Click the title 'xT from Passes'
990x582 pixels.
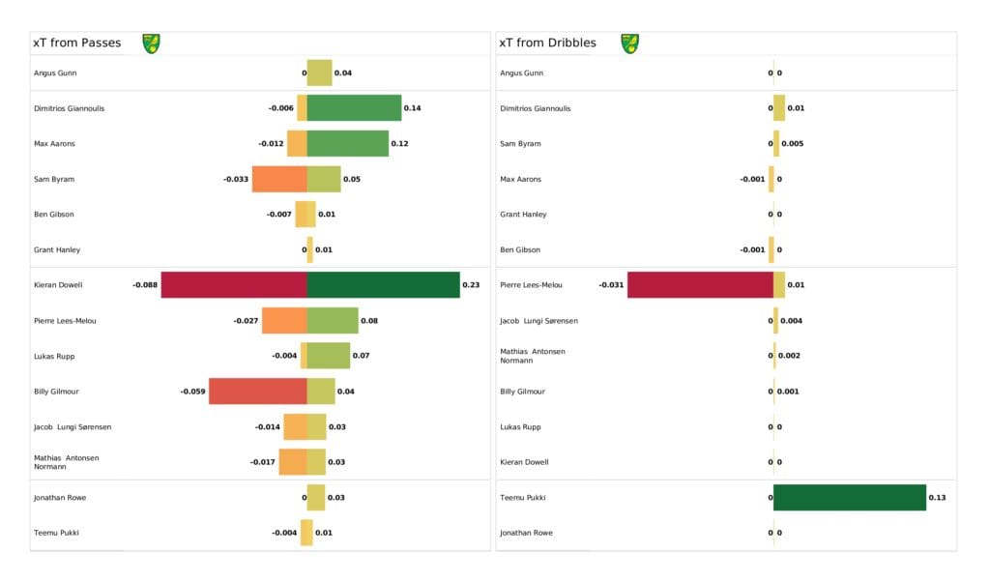(x=76, y=44)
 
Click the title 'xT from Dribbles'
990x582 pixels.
(x=547, y=44)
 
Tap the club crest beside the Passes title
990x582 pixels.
(x=151, y=44)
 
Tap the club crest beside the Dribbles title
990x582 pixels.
(x=629, y=44)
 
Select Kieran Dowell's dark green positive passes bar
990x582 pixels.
(x=383, y=285)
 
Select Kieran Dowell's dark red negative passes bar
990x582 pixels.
(x=234, y=285)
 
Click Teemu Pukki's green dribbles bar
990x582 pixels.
(x=849, y=498)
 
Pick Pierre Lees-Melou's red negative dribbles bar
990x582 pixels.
(x=700, y=285)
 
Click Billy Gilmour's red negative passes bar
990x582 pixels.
(x=258, y=392)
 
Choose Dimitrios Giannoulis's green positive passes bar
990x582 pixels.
(x=354, y=108)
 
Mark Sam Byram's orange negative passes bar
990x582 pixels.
(x=279, y=179)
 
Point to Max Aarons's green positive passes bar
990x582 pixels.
(x=347, y=144)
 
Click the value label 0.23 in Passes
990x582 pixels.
(x=471, y=285)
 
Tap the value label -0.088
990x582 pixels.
(x=145, y=285)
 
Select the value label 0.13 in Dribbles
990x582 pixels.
(x=937, y=498)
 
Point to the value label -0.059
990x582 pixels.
(x=192, y=392)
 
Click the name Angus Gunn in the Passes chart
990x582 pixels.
(x=55, y=73)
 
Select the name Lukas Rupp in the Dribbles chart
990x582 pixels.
(x=520, y=427)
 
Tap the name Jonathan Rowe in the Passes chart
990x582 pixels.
(x=60, y=498)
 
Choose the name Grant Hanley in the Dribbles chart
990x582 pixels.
(x=523, y=215)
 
